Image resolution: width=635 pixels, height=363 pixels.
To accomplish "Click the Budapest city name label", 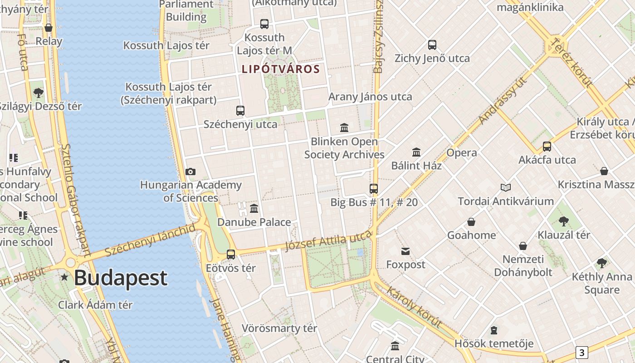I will point(121,278).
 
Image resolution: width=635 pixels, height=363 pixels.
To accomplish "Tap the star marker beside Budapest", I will point(65,277).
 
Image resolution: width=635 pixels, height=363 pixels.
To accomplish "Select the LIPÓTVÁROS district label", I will point(281,69).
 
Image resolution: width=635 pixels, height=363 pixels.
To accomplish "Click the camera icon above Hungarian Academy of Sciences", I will point(190,172).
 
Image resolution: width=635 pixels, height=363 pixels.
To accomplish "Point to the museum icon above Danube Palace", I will point(254,209).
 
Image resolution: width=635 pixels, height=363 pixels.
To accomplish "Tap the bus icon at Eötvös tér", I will point(231,254).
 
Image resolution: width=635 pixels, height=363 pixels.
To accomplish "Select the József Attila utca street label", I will point(328,240).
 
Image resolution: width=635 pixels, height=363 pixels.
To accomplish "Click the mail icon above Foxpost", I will point(405,251).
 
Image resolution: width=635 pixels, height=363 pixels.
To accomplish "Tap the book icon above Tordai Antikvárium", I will point(506,187).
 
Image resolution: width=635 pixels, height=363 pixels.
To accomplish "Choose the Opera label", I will point(461,153).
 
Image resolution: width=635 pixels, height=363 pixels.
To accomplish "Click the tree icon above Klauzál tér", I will point(564,221).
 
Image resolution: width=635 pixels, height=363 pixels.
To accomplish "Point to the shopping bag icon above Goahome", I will point(471,222).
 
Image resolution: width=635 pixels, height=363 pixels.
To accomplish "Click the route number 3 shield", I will point(581,352).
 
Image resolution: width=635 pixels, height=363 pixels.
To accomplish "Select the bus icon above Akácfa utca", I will point(547,147).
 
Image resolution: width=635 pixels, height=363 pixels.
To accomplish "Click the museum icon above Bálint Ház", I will point(416,152).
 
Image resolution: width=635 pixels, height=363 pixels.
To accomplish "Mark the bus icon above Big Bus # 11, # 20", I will point(374,189).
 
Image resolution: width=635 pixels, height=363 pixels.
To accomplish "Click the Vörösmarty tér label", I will point(279,328).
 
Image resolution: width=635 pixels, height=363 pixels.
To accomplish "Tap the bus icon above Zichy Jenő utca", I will point(432,45).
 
